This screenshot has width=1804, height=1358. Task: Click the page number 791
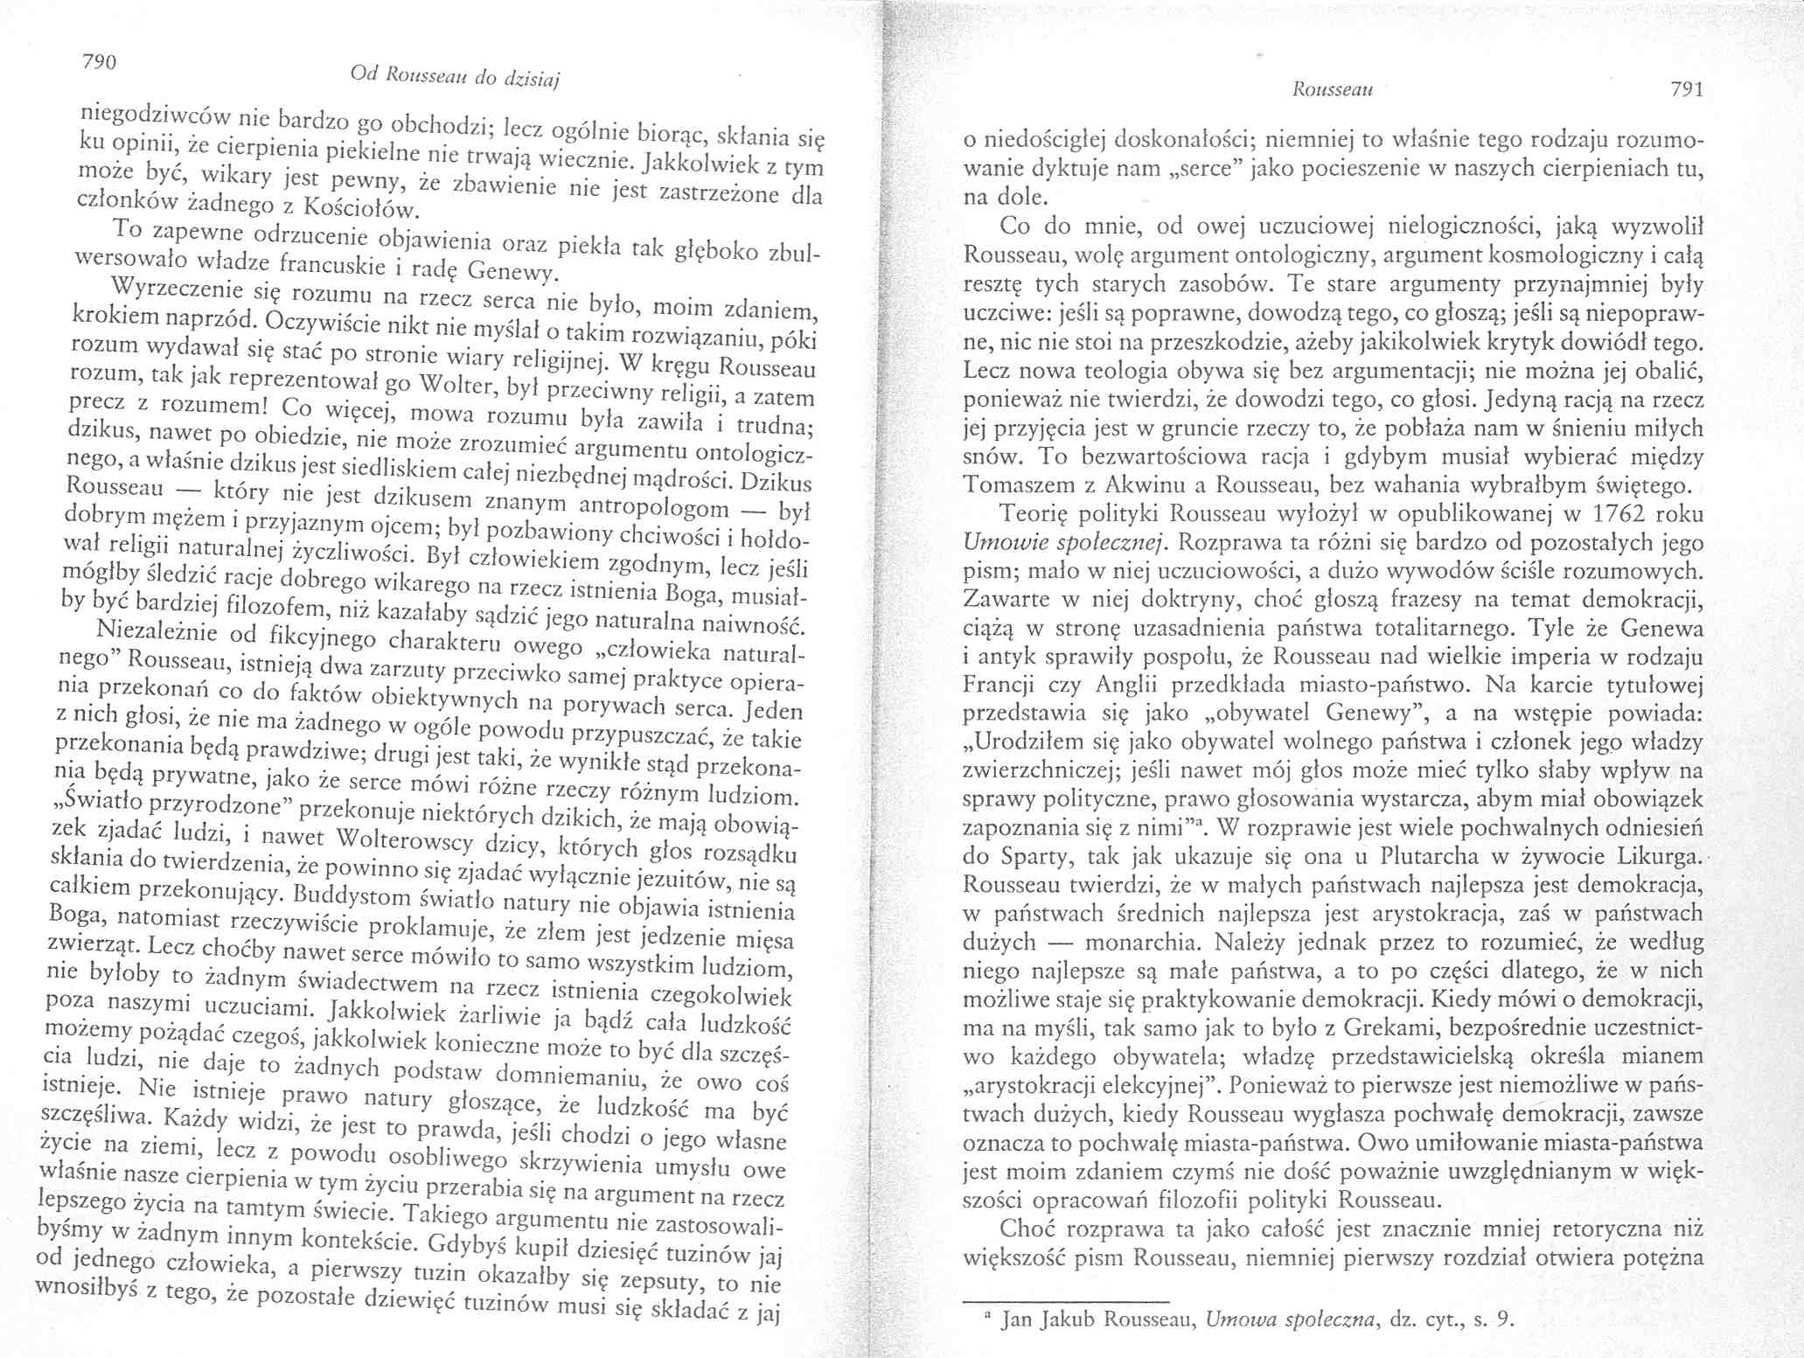coord(1683,91)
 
